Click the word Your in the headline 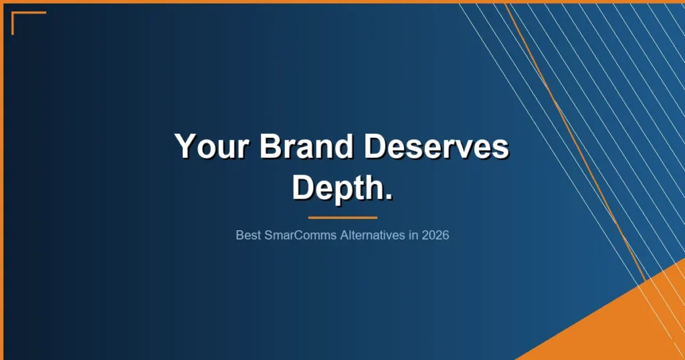pyautogui.click(x=211, y=147)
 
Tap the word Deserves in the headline pyautogui.click(x=435, y=147)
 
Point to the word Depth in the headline pyautogui.click(x=336, y=187)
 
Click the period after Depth pyautogui.click(x=387, y=197)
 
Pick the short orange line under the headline pyautogui.click(x=342, y=217)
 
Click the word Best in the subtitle pyautogui.click(x=247, y=236)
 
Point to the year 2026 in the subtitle pyautogui.click(x=435, y=236)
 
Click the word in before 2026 pyautogui.click(x=413, y=236)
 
